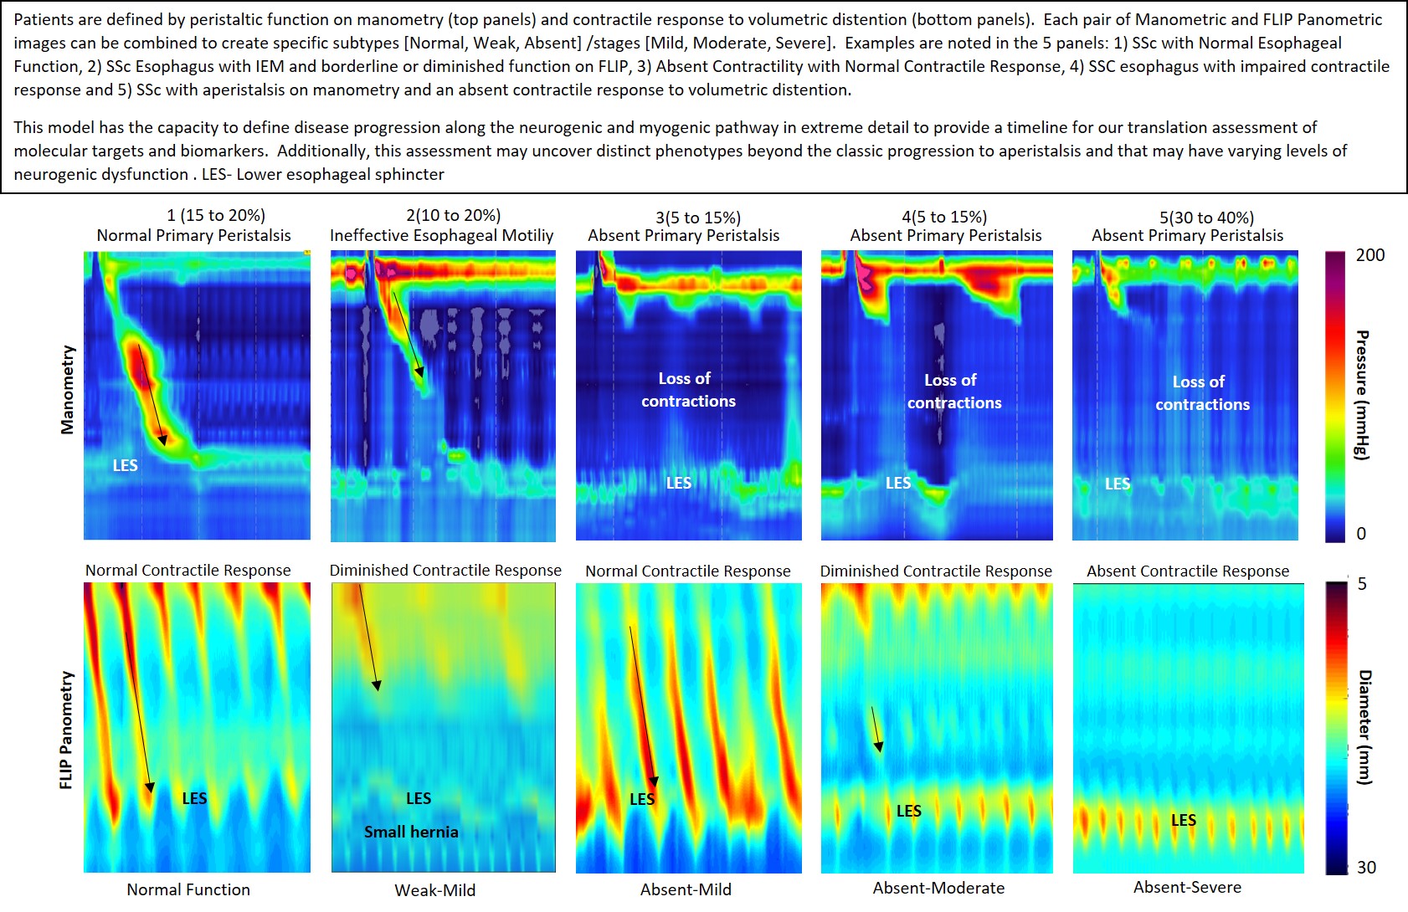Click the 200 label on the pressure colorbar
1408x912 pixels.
(x=1370, y=255)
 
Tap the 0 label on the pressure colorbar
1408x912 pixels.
(x=1361, y=533)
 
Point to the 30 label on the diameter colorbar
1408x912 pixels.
(x=1366, y=868)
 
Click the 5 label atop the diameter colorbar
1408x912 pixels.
(x=1362, y=584)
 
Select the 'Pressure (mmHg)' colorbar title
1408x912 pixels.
(x=1363, y=395)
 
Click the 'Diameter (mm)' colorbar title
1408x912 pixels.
(x=1364, y=726)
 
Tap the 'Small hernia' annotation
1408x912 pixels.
(x=411, y=832)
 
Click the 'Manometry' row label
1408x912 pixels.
(x=68, y=390)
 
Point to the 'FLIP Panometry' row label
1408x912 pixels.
(x=67, y=730)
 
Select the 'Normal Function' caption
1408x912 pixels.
(x=188, y=889)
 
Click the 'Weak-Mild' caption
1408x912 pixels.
(x=435, y=889)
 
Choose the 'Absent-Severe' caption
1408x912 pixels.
(x=1187, y=887)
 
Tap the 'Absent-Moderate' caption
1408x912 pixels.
(x=938, y=888)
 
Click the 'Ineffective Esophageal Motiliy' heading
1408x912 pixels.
(x=441, y=236)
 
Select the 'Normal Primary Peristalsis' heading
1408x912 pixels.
(x=193, y=236)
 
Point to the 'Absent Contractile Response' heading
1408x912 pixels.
(x=1188, y=571)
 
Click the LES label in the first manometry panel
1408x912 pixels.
(x=126, y=465)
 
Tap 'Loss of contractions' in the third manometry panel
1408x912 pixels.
(x=687, y=390)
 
